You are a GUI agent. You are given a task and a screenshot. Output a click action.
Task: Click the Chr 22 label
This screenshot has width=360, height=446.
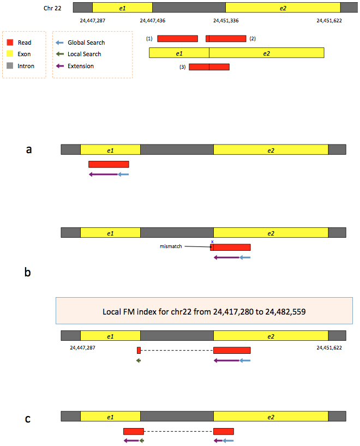(x=52, y=8)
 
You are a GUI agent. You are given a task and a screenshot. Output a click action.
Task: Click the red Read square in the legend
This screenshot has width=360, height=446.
(x=10, y=43)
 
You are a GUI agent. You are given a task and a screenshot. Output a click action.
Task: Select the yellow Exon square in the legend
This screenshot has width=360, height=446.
(x=10, y=54)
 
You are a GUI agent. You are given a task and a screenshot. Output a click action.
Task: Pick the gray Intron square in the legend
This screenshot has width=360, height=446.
(x=10, y=66)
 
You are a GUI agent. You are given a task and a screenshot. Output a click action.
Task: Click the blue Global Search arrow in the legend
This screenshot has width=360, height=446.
(x=59, y=43)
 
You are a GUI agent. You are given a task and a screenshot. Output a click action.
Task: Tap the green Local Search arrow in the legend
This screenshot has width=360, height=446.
(x=59, y=54)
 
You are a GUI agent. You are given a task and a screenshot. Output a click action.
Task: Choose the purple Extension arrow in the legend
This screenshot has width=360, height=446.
(x=59, y=66)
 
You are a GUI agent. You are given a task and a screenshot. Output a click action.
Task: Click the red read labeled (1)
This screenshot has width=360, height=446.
(x=178, y=39)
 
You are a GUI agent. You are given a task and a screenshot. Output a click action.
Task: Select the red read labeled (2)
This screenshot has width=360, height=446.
(x=226, y=39)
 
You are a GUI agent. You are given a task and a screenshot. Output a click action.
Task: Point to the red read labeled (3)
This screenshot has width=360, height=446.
(x=209, y=67)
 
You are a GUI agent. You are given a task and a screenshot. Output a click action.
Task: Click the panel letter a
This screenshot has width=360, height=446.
(x=29, y=149)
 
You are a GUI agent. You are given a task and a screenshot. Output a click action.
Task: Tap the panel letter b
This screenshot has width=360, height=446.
(x=28, y=272)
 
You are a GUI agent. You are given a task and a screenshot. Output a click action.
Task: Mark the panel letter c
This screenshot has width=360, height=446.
(x=28, y=419)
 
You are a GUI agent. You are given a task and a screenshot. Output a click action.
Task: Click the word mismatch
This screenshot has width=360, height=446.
(x=171, y=246)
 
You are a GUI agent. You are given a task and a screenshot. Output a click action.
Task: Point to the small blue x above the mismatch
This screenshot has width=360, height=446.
(x=212, y=242)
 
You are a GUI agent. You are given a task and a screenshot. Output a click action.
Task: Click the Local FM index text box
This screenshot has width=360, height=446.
(x=204, y=311)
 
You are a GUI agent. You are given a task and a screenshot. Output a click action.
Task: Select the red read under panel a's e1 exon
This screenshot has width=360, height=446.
(x=109, y=164)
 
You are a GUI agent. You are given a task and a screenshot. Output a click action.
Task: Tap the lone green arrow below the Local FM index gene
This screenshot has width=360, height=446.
(x=139, y=360)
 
